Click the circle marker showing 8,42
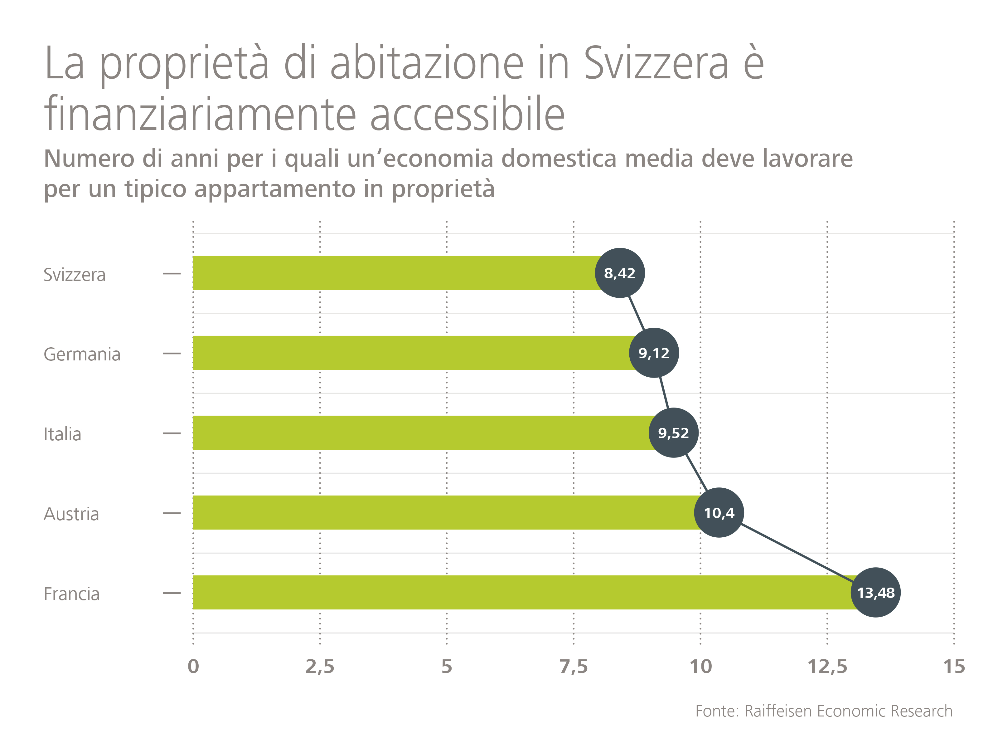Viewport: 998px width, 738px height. (x=619, y=273)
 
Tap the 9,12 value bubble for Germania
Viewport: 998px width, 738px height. (x=654, y=353)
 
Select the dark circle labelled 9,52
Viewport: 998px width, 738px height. (x=673, y=433)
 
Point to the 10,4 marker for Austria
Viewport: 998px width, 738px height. (x=719, y=512)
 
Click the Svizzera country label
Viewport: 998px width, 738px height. (x=75, y=274)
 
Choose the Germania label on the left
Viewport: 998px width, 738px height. (x=82, y=354)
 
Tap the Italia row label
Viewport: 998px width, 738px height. (x=62, y=434)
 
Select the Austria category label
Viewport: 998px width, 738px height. (x=71, y=514)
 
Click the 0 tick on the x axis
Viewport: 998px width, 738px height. (x=193, y=667)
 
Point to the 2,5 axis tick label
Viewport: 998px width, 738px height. (x=320, y=667)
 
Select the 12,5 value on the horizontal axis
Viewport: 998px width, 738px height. (x=827, y=667)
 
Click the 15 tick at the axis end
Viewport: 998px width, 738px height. (x=954, y=667)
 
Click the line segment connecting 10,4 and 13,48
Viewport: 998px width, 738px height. (x=797, y=553)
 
